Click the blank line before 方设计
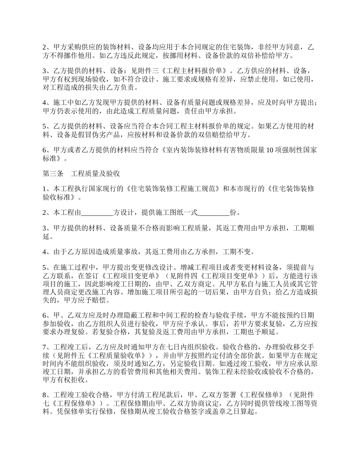(97, 213)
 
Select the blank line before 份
(214, 213)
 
